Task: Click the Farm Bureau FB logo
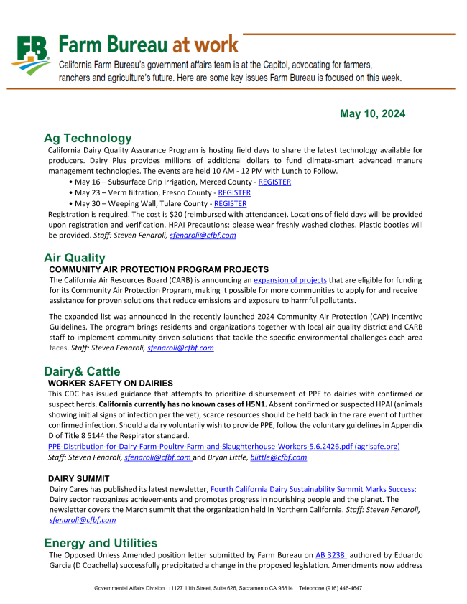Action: (31, 55)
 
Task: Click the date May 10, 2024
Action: (372, 114)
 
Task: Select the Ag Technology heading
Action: (88, 138)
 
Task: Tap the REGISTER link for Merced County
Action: (274, 182)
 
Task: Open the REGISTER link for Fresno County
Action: (234, 193)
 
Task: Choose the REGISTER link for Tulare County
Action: (230, 204)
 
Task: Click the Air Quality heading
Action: (74, 257)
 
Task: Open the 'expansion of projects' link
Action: (290, 279)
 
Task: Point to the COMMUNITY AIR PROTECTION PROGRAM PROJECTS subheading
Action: (158, 269)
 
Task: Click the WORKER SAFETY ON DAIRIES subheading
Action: (110, 384)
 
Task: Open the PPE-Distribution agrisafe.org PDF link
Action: (223, 447)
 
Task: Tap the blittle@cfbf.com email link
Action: (278, 457)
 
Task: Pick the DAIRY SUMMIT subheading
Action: (79, 478)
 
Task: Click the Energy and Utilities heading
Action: (101, 542)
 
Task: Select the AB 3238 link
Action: (330, 555)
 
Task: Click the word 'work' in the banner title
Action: (213, 45)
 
